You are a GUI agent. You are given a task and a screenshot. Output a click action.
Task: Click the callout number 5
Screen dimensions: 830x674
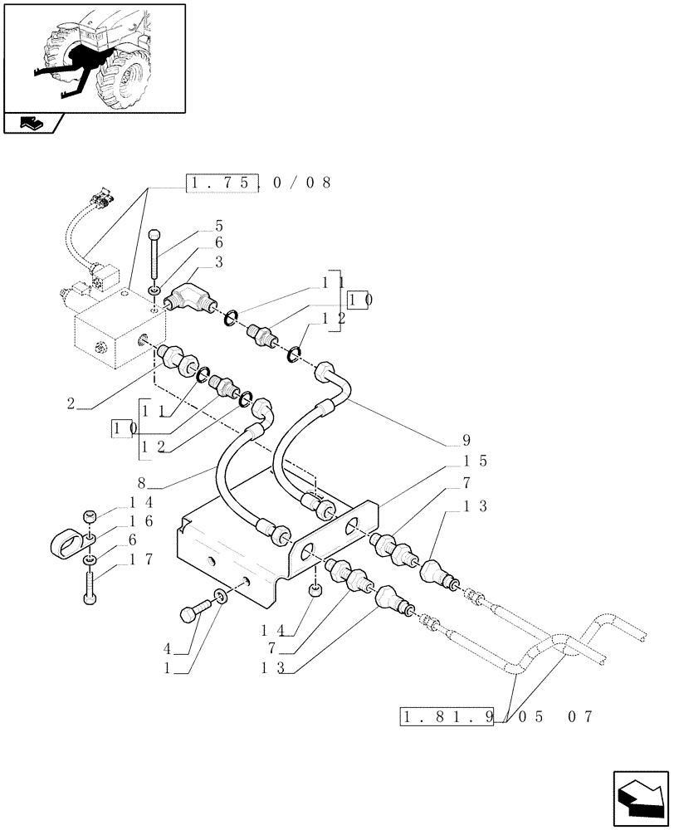click(219, 226)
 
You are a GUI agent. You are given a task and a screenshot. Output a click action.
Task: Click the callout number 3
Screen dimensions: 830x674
click(218, 261)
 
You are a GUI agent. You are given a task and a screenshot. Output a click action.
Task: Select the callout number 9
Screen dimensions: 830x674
click(466, 440)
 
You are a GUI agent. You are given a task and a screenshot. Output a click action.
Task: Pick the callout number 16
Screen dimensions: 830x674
click(140, 520)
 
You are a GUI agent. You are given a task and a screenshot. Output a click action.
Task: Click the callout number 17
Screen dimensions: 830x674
click(140, 559)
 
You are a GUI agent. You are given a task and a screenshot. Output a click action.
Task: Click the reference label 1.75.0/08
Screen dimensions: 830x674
click(258, 183)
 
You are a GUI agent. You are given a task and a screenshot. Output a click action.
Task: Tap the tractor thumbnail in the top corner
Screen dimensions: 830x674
click(95, 57)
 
